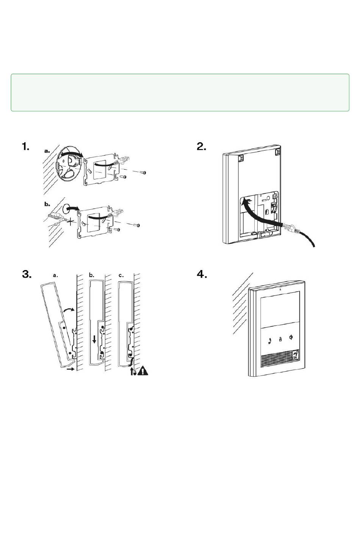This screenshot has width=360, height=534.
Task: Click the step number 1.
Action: tap(25, 147)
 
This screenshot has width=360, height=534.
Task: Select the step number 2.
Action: tap(201, 147)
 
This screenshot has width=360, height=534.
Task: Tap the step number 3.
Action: tap(26, 275)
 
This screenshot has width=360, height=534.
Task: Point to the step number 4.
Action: tap(202, 275)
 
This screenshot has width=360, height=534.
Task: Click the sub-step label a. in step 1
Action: tap(47, 151)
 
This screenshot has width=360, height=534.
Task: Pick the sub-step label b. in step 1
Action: tap(47, 204)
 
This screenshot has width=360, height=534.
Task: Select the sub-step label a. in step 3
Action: tap(55, 276)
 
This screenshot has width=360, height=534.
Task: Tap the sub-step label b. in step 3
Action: tap(91, 275)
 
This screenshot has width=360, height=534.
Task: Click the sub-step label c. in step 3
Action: tap(121, 275)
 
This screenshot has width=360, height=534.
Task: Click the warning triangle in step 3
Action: tap(142, 371)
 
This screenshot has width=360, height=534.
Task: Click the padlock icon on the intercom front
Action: tap(280, 339)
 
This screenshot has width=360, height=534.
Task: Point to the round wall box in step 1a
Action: tap(68, 166)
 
